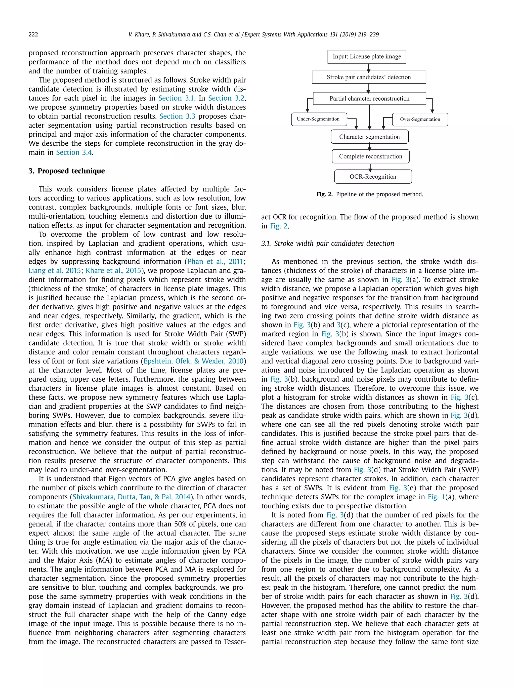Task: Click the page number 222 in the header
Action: [x=33, y=34]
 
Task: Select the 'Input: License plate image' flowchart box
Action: [x=367, y=57]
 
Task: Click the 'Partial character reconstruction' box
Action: [x=369, y=98]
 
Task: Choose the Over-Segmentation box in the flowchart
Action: [x=420, y=119]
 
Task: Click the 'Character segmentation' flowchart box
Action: [x=369, y=137]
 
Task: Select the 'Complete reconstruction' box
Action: [x=370, y=156]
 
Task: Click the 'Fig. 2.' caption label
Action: [x=324, y=194]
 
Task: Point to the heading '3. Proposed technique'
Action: [x=67, y=171]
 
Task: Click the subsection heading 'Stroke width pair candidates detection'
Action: [x=334, y=244]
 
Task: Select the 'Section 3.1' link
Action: [x=176, y=98]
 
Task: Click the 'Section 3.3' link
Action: [x=177, y=116]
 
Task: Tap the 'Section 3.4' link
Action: [x=74, y=153]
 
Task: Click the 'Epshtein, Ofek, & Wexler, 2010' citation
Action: [x=193, y=361]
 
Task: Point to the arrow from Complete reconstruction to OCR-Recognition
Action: [x=370, y=167]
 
